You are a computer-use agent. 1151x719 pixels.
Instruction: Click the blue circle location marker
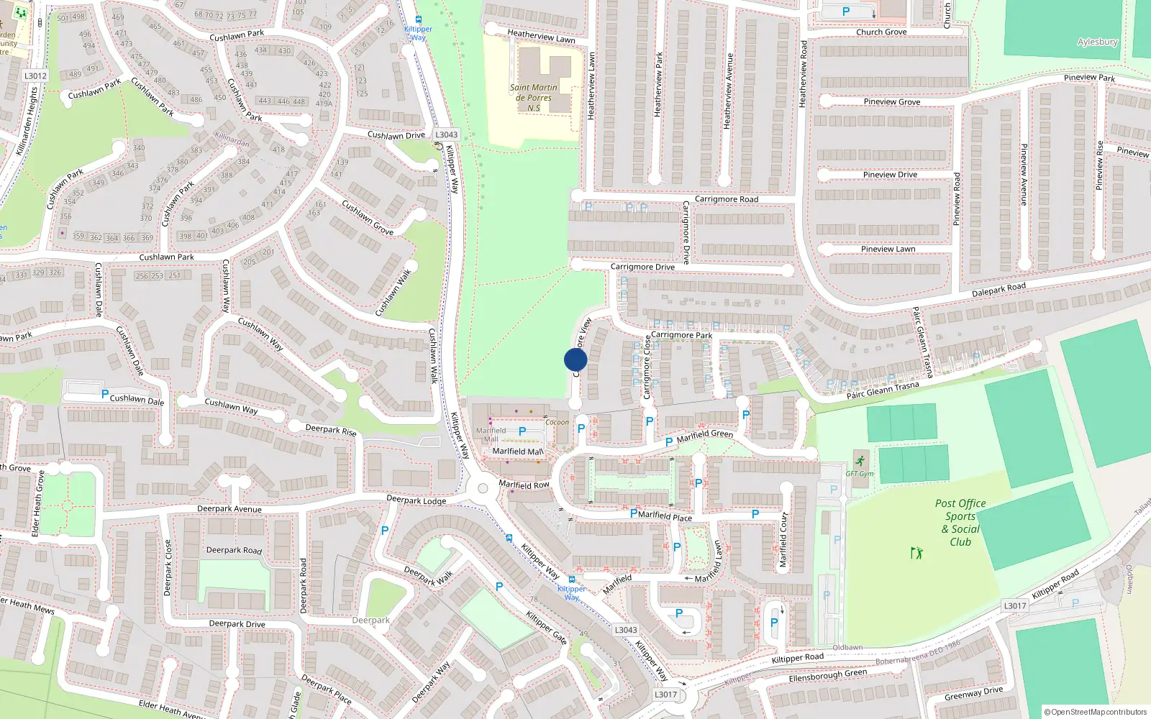tap(575, 359)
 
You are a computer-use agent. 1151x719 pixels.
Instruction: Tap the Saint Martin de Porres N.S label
tap(534, 98)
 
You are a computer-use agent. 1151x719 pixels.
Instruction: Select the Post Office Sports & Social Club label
tap(960, 523)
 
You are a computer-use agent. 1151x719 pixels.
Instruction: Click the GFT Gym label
tap(860, 473)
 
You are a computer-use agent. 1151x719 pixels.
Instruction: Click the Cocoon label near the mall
tap(557, 422)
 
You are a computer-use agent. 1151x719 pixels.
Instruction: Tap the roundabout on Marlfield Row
tap(482, 488)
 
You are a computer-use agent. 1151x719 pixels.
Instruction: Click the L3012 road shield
tap(35, 75)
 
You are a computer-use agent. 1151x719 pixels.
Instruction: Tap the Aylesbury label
tap(1097, 42)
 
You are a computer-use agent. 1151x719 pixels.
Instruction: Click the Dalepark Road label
tap(998, 290)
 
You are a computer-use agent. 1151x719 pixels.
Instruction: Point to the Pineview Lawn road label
tap(888, 249)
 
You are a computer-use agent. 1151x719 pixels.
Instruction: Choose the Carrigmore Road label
tap(727, 199)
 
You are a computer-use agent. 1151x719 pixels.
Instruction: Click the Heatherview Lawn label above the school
tap(541, 36)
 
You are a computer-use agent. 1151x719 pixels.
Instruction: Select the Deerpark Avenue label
tap(229, 509)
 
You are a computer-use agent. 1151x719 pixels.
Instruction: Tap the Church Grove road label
tap(881, 32)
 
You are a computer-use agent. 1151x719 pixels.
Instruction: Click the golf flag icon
tap(916, 553)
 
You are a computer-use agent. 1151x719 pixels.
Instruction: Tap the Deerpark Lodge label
tap(416, 500)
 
